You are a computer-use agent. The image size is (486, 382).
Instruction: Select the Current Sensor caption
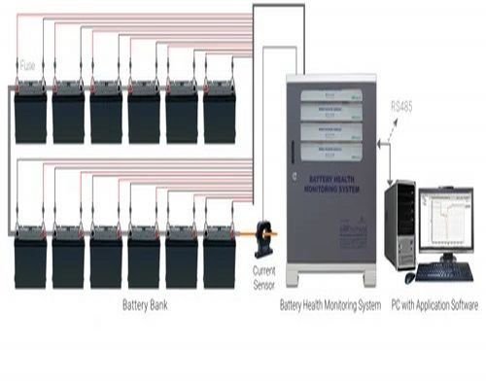point(263,274)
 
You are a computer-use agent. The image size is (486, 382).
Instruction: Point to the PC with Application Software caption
point(434,304)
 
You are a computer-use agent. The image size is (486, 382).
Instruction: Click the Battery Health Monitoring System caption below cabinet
point(330,304)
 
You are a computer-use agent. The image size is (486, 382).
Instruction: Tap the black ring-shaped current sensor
point(263,236)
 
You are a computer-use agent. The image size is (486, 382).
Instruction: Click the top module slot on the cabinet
point(332,95)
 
